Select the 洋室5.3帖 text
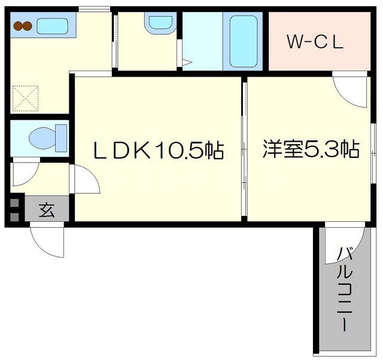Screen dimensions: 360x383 click(311, 148)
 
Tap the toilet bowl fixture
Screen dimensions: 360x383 click(45, 137)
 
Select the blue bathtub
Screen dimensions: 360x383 click(244, 41)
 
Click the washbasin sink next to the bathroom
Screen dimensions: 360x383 click(159, 23)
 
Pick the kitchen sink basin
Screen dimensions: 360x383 click(53, 26)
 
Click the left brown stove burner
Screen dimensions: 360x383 click(19, 26)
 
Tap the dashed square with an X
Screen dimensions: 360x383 click(25, 97)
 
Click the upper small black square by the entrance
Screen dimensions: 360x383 click(14, 202)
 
